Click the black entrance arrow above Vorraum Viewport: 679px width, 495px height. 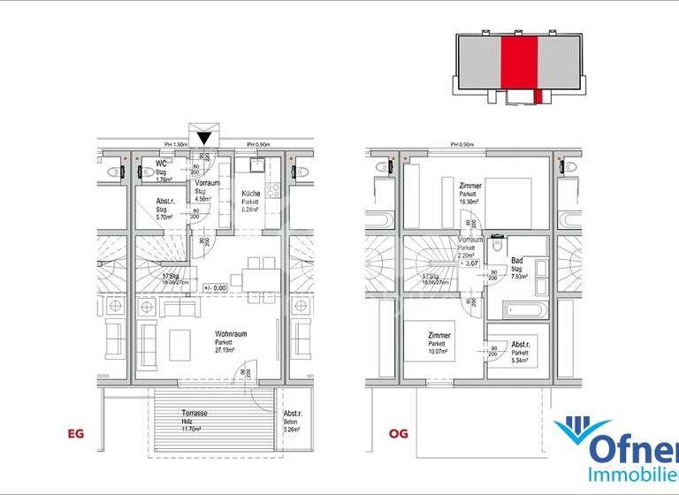pyautogui.click(x=204, y=138)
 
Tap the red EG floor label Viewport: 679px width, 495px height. pyautogui.click(x=78, y=433)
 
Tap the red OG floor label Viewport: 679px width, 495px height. pyautogui.click(x=395, y=433)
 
